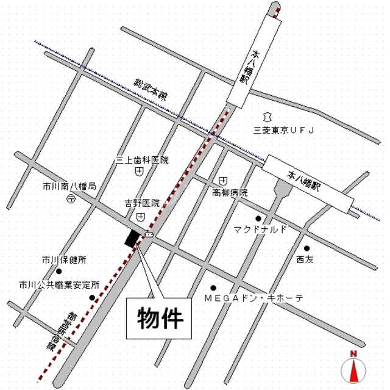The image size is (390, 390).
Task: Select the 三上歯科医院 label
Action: (x=142, y=160)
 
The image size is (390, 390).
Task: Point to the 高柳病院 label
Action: (x=230, y=193)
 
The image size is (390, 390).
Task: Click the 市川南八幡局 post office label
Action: (x=69, y=186)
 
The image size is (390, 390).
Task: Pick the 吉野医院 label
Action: (x=142, y=203)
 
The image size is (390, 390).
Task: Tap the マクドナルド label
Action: (x=260, y=230)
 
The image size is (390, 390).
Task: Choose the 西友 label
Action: (x=305, y=260)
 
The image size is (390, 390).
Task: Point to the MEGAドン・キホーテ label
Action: (x=253, y=298)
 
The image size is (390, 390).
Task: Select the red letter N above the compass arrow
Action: (x=353, y=353)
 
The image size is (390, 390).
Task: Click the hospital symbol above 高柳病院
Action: (x=224, y=181)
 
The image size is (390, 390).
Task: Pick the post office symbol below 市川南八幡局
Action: (x=70, y=198)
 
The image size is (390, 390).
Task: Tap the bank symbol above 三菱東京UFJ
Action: (x=266, y=115)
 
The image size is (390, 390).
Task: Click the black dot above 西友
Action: (x=307, y=248)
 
